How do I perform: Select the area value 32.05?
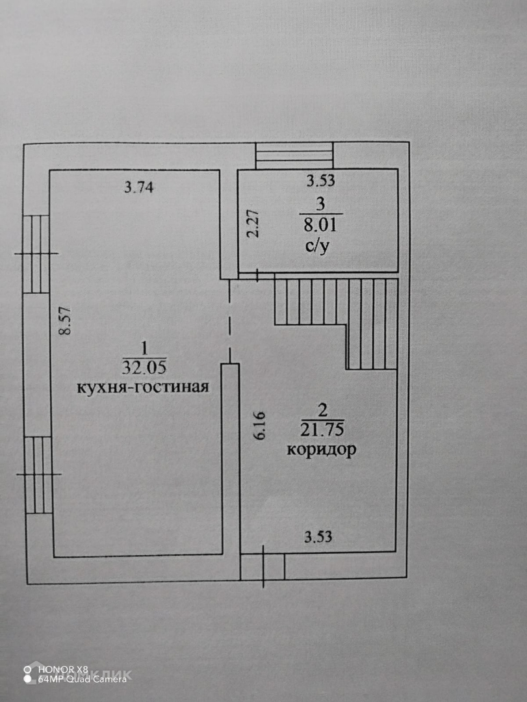click(x=144, y=367)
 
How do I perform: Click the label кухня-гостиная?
click(x=143, y=387)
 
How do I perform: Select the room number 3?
click(x=320, y=204)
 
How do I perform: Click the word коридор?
click(x=322, y=450)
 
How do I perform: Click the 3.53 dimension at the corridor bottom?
click(x=324, y=537)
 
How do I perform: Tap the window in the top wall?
click(x=294, y=155)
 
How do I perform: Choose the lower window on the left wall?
click(x=38, y=474)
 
